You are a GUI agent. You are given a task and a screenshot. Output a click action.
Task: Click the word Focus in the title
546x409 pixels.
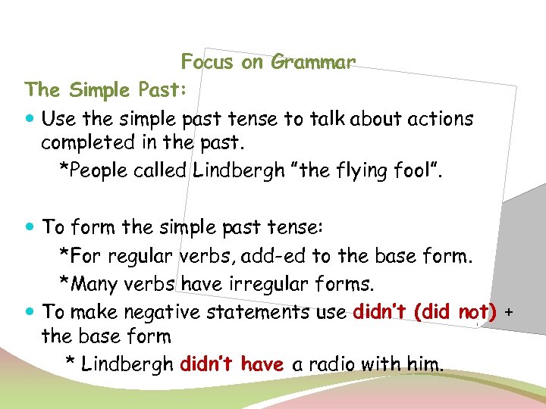207,62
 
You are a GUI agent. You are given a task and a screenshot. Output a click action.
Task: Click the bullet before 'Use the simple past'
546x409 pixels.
30,119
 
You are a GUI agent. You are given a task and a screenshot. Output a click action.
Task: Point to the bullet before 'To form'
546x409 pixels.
30,226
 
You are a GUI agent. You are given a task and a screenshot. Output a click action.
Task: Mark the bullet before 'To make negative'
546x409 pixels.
30,311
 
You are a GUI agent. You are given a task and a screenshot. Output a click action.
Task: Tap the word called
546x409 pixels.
161,170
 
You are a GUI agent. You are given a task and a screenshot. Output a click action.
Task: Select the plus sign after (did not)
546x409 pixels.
508,312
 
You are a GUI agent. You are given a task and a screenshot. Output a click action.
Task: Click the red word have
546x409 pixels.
262,364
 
